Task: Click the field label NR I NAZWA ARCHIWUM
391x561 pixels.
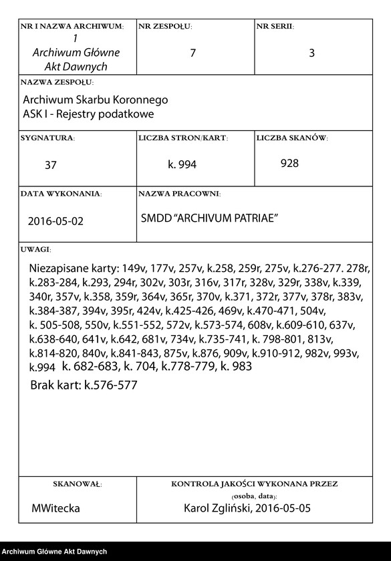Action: (72, 26)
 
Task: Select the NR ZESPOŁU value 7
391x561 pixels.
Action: (193, 53)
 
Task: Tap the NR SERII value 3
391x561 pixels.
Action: (311, 53)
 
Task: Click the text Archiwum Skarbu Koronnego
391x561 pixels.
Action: (95, 100)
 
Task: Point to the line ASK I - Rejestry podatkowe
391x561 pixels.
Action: (88, 114)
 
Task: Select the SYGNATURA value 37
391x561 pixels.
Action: (51, 165)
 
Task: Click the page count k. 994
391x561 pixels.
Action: (182, 164)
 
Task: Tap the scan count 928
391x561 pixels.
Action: (289, 163)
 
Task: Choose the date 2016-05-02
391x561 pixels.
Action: (56, 220)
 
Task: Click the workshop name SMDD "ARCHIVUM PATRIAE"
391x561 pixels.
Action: (209, 218)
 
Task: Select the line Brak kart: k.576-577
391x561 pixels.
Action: (84, 385)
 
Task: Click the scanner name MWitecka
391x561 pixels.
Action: (56, 508)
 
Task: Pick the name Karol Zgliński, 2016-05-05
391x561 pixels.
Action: (247, 508)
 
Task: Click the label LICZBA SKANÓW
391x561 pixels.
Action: (292, 138)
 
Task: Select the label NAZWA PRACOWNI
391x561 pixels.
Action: (179, 194)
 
